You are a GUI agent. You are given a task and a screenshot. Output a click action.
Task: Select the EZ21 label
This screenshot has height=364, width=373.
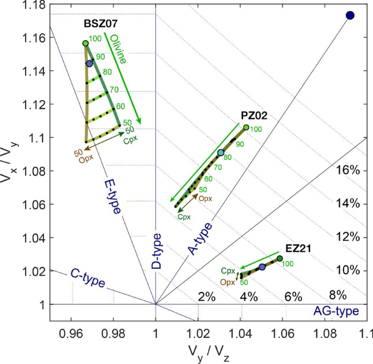[298, 248]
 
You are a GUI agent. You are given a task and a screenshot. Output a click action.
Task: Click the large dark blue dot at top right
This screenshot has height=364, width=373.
[350, 15]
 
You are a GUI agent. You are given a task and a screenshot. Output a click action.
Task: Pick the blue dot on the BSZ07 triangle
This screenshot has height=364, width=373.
[89, 64]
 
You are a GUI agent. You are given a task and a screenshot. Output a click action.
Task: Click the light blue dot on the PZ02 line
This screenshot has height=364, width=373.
[221, 153]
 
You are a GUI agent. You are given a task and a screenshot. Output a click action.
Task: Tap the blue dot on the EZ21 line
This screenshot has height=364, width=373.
[262, 267]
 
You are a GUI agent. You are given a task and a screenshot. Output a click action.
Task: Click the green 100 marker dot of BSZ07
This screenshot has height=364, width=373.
[85, 43]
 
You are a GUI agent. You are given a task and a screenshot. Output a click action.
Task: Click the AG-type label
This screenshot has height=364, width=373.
[336, 311]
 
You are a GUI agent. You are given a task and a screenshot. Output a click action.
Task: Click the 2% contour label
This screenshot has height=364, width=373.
[207, 296]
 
